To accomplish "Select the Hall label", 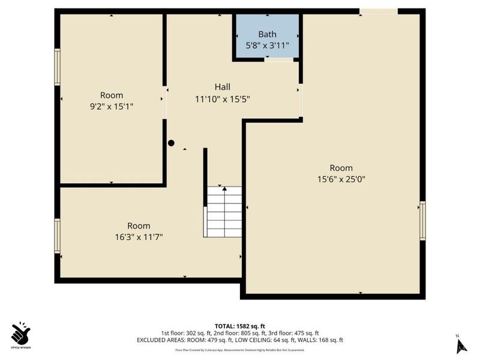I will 222,87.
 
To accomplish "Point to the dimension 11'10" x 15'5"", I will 222,99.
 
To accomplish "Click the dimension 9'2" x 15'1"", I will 112,107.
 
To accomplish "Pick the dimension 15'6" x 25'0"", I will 341,179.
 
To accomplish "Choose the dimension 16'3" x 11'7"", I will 139,237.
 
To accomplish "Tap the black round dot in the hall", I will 171,143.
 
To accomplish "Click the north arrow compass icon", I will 461,344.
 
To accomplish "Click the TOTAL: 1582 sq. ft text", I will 240,326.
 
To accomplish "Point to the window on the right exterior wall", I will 422,220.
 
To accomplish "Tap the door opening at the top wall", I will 378,11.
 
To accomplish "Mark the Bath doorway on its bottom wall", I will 278,59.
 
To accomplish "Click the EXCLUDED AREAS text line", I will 240,340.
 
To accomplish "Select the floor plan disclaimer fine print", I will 240,350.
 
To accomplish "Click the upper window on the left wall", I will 58,67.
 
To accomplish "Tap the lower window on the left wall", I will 58,236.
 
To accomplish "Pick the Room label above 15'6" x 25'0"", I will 341,168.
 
